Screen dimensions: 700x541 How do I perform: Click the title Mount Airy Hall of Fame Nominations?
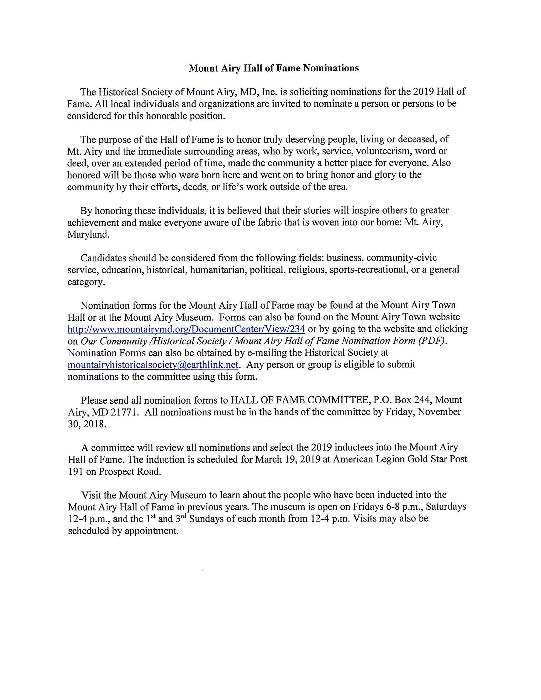coord(273,68)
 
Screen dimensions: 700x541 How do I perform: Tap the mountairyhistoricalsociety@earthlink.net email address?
coord(153,365)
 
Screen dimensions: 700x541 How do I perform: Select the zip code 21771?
coord(124,412)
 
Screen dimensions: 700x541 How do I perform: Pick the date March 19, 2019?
coord(288,459)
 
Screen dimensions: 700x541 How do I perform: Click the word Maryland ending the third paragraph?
coord(88,234)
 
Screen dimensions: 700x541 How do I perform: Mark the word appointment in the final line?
coord(151,531)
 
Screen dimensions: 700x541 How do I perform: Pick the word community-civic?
coord(402,258)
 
